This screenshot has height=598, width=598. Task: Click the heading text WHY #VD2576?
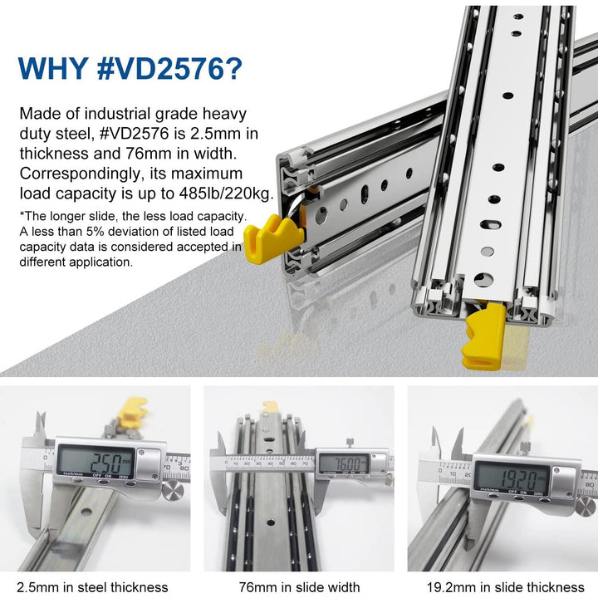pos(130,68)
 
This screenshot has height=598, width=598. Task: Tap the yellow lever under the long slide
pos(487,337)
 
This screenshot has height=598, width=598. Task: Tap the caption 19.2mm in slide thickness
pos(503,587)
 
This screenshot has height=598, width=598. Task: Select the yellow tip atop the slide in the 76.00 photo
pos(271,406)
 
